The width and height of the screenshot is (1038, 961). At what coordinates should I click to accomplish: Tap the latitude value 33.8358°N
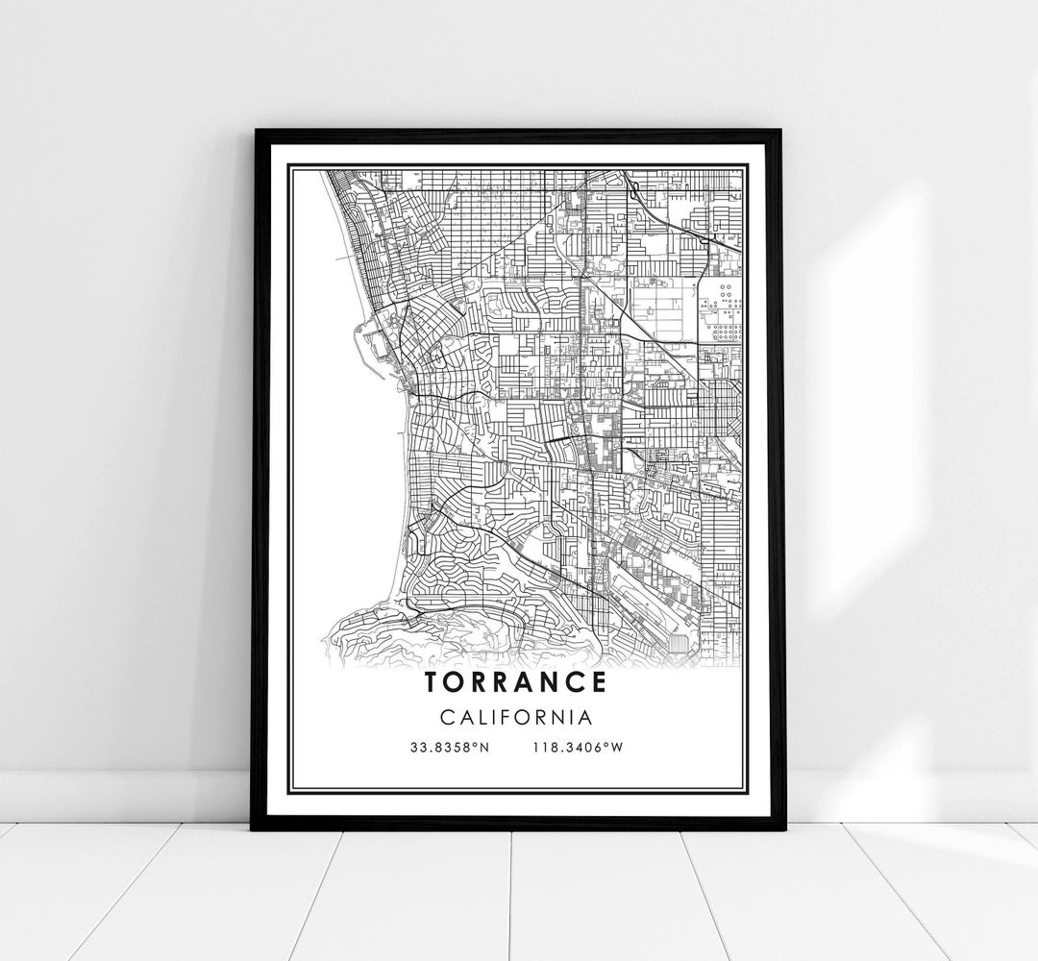(x=449, y=749)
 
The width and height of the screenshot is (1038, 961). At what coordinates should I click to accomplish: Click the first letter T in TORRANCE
(x=430, y=682)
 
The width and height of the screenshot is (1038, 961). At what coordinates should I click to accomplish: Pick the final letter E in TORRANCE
(x=598, y=682)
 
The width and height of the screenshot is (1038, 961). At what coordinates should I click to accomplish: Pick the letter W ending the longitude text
(x=619, y=749)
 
